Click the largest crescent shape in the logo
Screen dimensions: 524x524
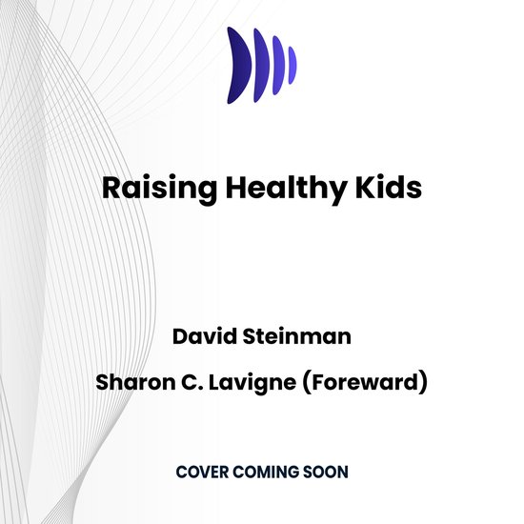point(239,64)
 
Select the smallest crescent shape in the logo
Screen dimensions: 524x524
point(292,64)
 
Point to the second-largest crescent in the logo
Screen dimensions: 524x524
point(262,64)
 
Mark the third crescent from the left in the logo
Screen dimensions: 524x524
point(278,64)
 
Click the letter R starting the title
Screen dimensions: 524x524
point(111,187)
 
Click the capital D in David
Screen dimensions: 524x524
point(178,337)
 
